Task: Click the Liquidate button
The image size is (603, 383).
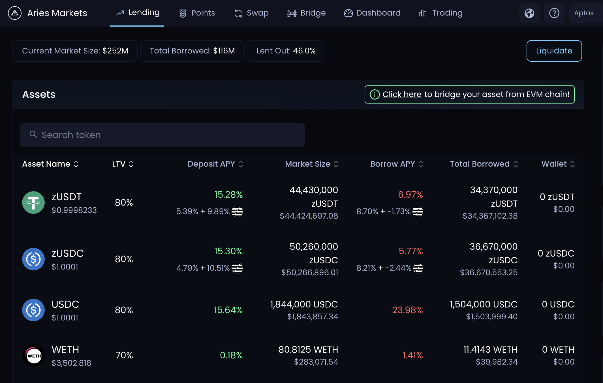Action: [x=554, y=51]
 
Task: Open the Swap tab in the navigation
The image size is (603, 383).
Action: [x=252, y=13]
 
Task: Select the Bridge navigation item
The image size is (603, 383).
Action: [x=306, y=13]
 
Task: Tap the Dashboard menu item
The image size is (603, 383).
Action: [x=372, y=13]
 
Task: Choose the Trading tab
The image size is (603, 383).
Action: [x=441, y=13]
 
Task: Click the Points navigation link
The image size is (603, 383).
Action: [x=197, y=13]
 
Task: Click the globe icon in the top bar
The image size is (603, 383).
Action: [x=529, y=13]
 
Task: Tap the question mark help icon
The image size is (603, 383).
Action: [x=554, y=13]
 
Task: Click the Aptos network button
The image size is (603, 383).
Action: [x=584, y=13]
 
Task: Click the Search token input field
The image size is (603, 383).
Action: [x=162, y=135]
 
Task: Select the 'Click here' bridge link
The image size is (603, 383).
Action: [x=402, y=94]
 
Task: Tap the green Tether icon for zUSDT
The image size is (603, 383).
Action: [x=33, y=203]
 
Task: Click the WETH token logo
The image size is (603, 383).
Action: [x=33, y=355]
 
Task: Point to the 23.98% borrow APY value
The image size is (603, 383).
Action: [x=407, y=310]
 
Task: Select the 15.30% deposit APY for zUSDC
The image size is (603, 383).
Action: [x=228, y=251]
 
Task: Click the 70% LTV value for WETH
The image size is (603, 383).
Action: [x=124, y=355]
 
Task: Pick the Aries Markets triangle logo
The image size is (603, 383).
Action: [x=15, y=13]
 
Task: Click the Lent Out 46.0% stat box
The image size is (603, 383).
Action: [x=286, y=51]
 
